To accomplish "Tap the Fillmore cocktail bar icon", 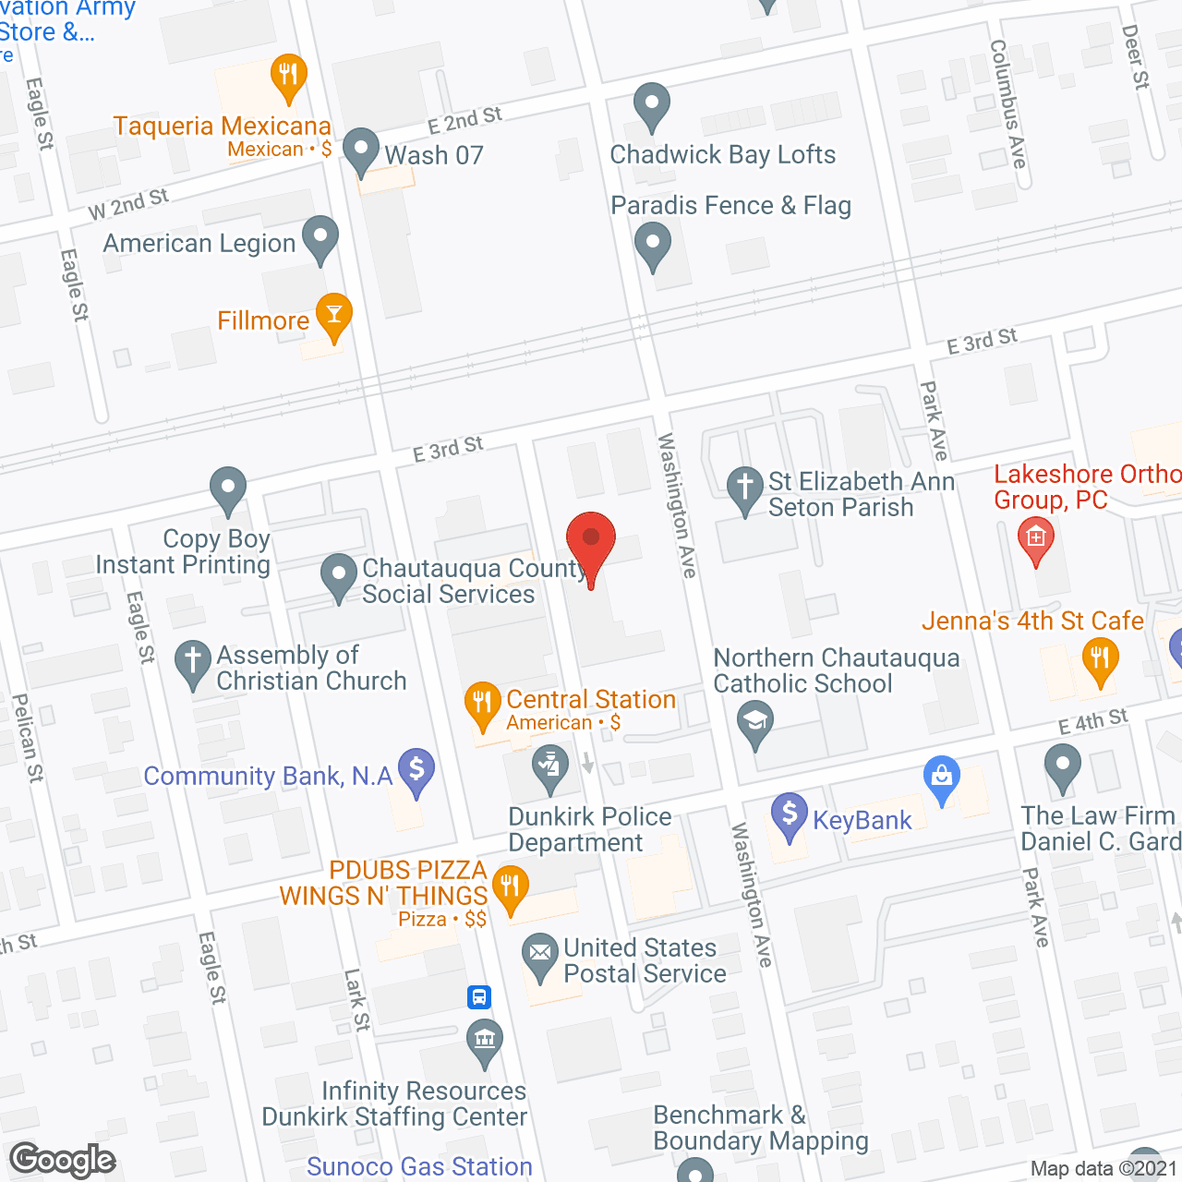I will (x=333, y=316).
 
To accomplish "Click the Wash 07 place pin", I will (x=361, y=151).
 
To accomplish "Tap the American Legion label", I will (x=199, y=244).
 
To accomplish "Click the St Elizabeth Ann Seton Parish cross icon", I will (x=744, y=489).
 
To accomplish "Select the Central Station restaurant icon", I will (x=482, y=705).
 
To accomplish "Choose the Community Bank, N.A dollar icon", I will (x=416, y=770).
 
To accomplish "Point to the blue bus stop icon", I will (x=478, y=997).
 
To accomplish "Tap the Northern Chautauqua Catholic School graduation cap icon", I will (x=755, y=723).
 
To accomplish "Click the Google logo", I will (x=62, y=1160).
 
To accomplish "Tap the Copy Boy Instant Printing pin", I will (x=227, y=489).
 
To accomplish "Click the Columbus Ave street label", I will (x=1007, y=103).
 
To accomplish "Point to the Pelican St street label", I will (x=28, y=739).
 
